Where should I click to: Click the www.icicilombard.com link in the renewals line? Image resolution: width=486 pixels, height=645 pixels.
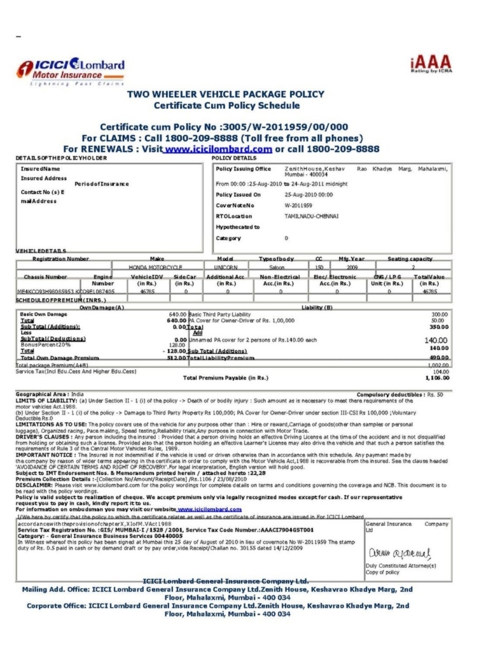point(218,149)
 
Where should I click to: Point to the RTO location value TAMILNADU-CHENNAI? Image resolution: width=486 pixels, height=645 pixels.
point(312,216)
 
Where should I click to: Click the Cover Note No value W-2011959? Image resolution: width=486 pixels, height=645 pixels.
point(299,205)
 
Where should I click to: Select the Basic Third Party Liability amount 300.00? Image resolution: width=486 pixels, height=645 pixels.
point(440,314)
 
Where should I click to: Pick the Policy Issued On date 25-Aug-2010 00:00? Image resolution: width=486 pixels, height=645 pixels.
point(309,195)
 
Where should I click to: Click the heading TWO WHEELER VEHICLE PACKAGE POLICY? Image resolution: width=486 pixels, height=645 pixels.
point(226,94)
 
